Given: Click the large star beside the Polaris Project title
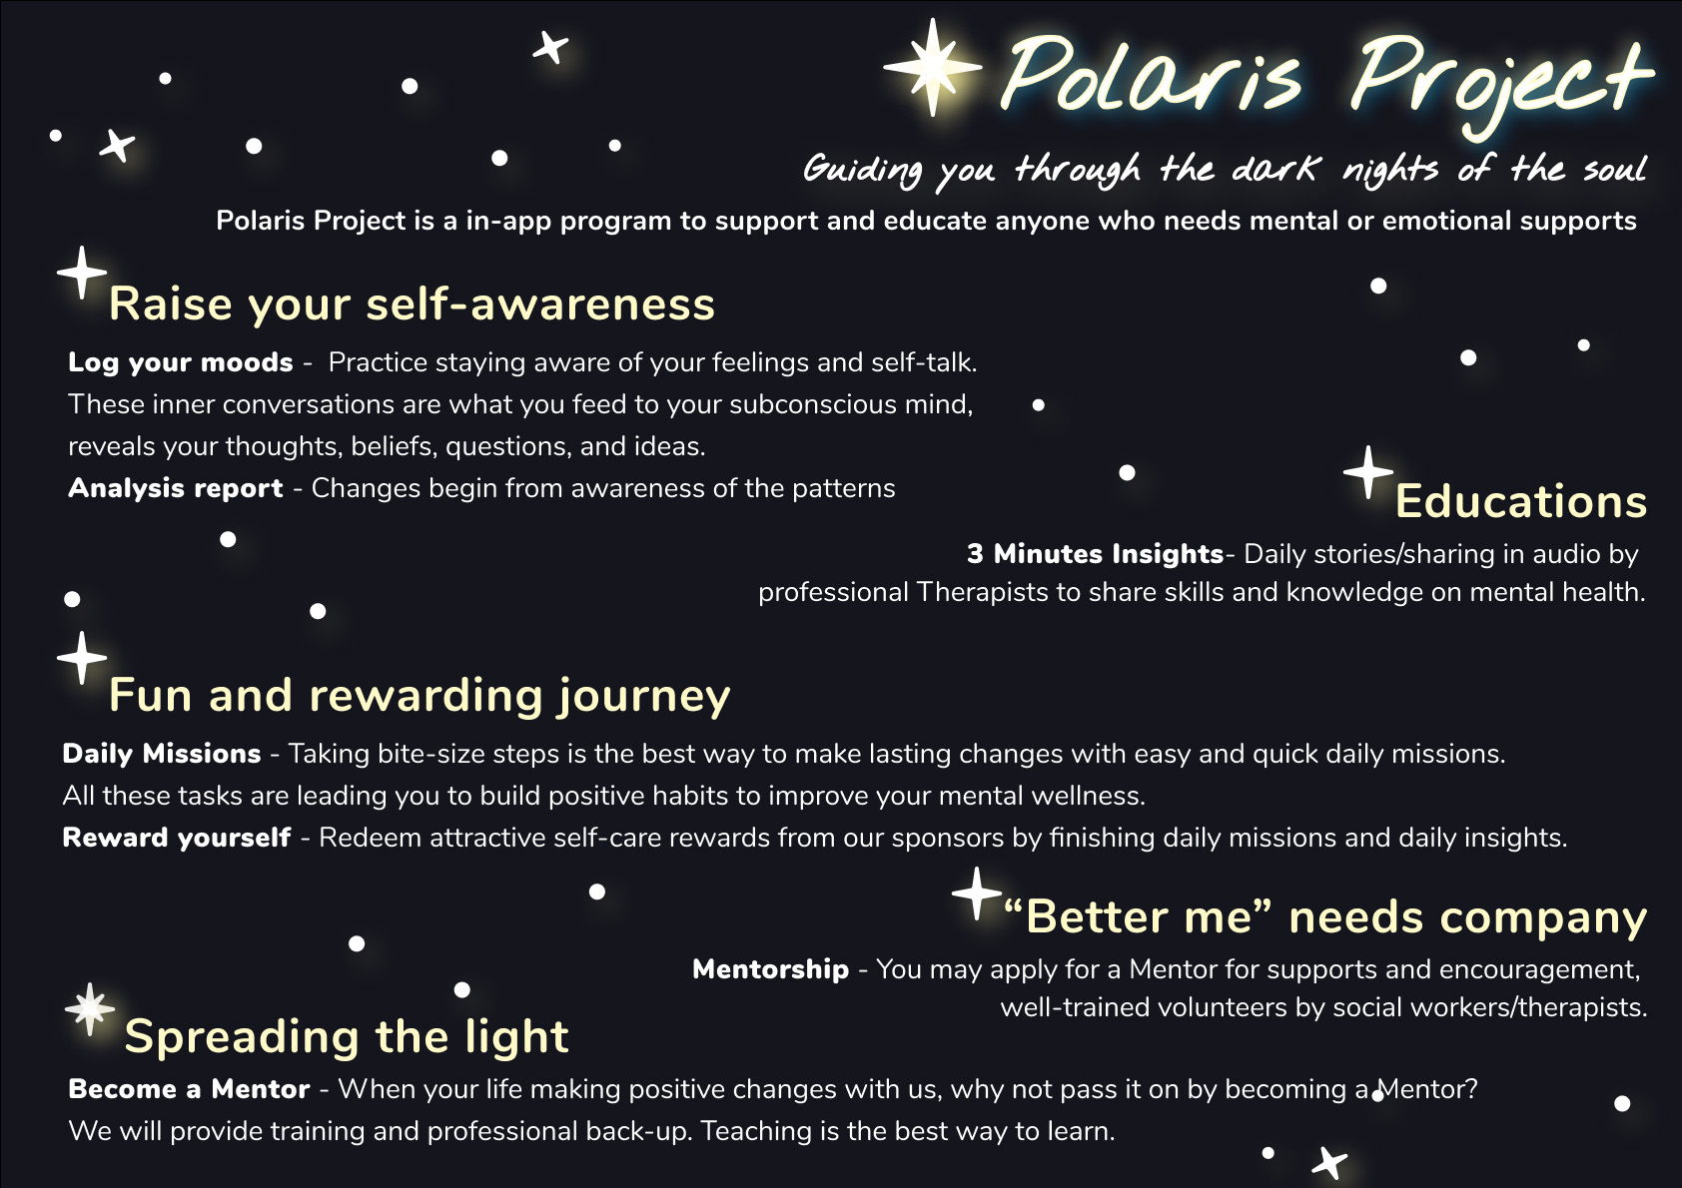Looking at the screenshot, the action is coord(933,67).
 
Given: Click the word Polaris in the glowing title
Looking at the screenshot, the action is coord(1152,74).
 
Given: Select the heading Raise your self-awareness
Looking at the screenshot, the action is coord(413,303).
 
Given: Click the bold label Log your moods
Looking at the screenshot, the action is coord(180,362).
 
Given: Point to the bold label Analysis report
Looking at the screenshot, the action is coord(176,488).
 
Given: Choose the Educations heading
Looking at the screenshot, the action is coord(1521,500).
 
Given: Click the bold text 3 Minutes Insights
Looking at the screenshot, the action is coord(1096,554).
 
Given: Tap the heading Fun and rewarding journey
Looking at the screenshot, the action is coord(420,695).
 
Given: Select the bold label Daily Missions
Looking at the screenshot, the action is coord(162,753).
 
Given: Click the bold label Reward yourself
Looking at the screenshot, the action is coord(177,837).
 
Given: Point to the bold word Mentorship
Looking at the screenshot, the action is coord(770,968).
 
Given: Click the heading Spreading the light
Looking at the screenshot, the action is coord(347,1036).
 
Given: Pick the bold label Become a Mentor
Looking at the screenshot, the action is coord(189,1089).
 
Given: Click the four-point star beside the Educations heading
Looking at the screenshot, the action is coord(1368,472).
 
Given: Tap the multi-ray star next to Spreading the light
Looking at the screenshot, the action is coord(90,1009).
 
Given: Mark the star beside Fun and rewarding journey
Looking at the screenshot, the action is coord(82,658).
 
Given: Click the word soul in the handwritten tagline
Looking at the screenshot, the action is coord(1614,168).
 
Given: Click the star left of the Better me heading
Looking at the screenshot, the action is coord(976,893).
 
